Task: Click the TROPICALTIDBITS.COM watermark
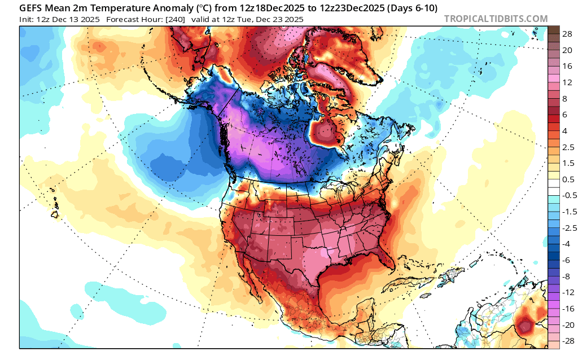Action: pos(496,19)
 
